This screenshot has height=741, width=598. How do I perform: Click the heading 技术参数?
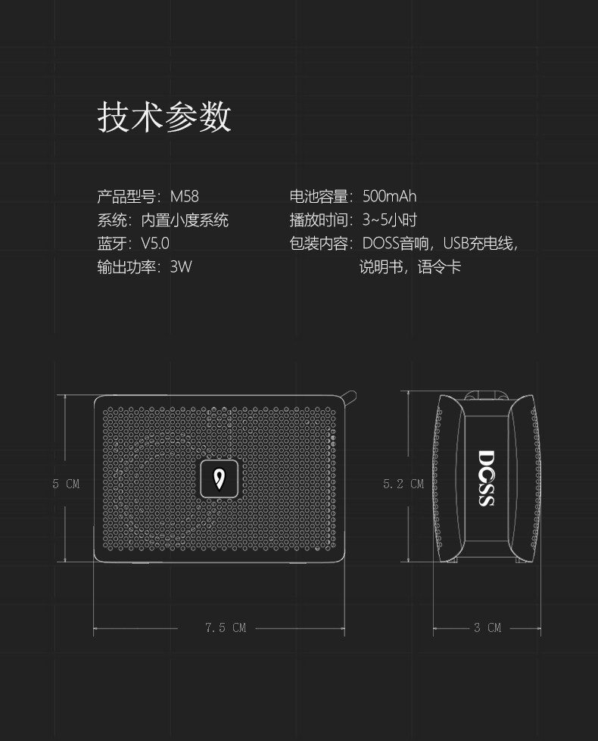[164, 117]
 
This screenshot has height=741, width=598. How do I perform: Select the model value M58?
[184, 197]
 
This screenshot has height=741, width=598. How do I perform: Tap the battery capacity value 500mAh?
[389, 197]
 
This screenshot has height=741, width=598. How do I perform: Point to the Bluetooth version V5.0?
[155, 243]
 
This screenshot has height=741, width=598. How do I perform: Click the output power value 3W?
[181, 266]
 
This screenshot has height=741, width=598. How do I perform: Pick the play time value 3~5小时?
[389, 220]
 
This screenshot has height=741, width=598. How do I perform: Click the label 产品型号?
[126, 197]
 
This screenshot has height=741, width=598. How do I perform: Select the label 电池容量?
[319, 197]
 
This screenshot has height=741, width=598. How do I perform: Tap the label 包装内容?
[319, 243]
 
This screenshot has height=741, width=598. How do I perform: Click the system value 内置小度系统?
[185, 220]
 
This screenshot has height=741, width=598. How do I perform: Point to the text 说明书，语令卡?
[410, 266]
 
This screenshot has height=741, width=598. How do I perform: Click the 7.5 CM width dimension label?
[226, 627]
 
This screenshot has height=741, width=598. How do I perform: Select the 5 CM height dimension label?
[66, 484]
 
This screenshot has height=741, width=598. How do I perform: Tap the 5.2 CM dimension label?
[403, 484]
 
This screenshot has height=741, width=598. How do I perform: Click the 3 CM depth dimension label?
[487, 627]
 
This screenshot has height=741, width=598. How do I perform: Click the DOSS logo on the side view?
[486, 478]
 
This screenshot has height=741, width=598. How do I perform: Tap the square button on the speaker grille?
[220, 479]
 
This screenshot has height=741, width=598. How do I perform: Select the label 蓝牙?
[111, 243]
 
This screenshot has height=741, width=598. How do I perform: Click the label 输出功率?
[126, 266]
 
